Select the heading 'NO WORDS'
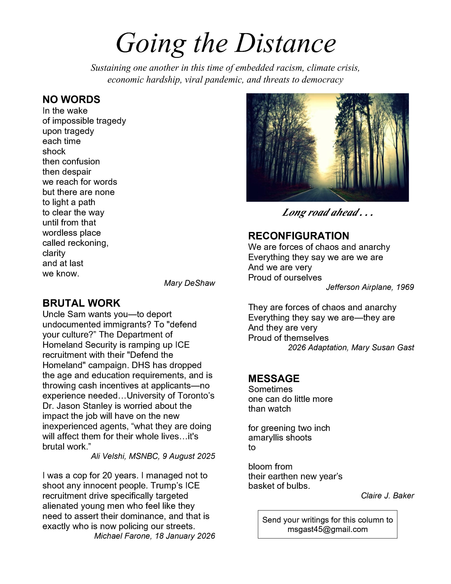71,99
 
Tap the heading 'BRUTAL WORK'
81,303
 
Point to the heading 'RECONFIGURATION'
298,236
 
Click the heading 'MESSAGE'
274,378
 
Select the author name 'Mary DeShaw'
189,283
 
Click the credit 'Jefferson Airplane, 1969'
370,287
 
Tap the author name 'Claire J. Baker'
387,495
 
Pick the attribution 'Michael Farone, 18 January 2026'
155,536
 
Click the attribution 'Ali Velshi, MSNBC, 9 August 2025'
153,456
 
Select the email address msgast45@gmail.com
327,529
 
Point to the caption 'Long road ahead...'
327,213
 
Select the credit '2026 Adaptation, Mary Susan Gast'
351,347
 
